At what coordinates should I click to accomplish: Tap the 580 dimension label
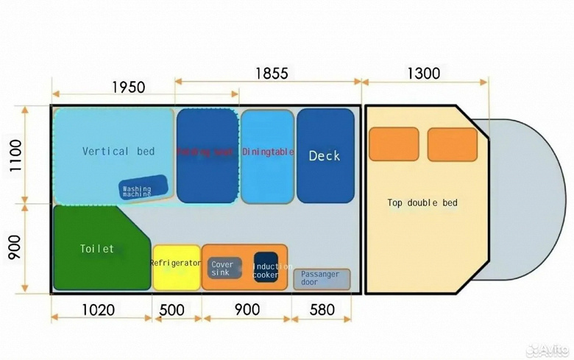tap(322, 310)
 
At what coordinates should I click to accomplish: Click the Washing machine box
tap(138, 191)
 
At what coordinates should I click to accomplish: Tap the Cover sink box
tap(223, 269)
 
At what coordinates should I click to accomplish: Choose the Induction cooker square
tap(266, 269)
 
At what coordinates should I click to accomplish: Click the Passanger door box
tap(322, 279)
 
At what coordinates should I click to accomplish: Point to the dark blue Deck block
tap(325, 155)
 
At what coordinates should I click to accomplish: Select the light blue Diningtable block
tap(267, 155)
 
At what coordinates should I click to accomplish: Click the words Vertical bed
tap(118, 151)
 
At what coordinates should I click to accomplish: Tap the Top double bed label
tap(417, 202)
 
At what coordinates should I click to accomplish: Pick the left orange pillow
tap(394, 144)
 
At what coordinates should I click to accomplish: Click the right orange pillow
tap(452, 144)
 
